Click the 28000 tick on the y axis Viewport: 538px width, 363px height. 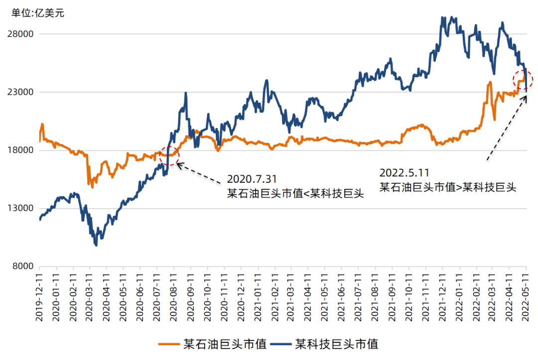pos(22,34)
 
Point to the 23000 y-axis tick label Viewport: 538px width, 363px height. pos(22,92)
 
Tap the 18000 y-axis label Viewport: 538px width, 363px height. pos(22,150)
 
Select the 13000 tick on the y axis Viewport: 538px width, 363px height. pos(22,208)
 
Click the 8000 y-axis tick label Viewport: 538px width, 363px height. pos(24,266)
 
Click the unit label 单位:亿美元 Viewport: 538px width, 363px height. pos(38,13)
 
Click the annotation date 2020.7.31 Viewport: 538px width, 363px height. pos(252,179)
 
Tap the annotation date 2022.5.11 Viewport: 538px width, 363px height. pos(404,173)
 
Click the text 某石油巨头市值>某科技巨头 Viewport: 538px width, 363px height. pos(448,187)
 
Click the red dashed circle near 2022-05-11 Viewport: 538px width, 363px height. pos(523,80)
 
